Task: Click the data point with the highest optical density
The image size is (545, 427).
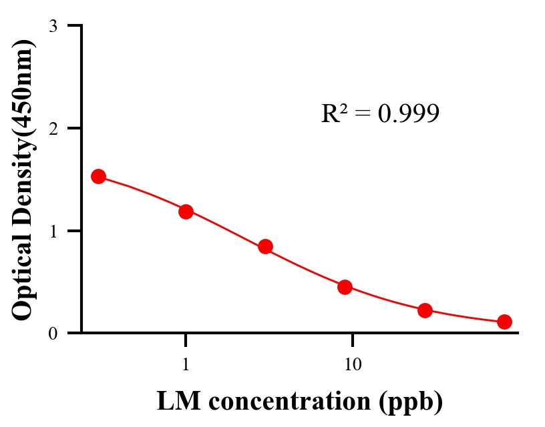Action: [98, 176]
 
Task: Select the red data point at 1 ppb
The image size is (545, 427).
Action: [186, 211]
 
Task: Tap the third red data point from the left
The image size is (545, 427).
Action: [265, 246]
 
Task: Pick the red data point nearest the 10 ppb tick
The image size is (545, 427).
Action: [345, 287]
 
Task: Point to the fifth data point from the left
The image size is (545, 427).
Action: [425, 310]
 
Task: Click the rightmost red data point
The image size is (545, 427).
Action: [504, 322]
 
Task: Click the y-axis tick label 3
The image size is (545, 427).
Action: [53, 26]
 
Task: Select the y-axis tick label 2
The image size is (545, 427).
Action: [53, 128]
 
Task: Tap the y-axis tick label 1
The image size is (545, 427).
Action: [53, 231]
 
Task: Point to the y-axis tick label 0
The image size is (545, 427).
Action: [53, 334]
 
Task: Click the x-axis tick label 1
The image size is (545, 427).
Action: [186, 364]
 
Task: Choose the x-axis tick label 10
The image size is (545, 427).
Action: [353, 364]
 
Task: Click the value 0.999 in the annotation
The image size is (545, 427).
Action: [408, 114]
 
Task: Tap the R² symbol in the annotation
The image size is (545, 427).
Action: [334, 113]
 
